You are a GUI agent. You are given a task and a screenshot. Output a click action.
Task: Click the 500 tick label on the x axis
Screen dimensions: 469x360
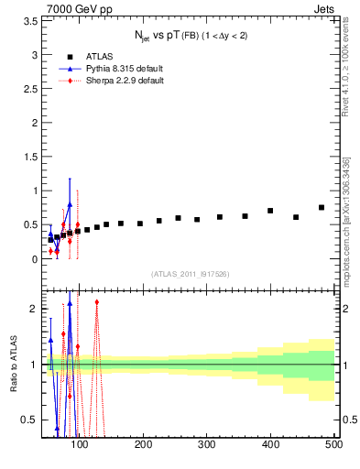point(333,444)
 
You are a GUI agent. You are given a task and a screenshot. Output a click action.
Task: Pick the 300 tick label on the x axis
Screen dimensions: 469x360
point(207,444)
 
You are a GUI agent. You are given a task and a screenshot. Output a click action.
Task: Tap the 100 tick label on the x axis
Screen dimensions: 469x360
point(81,444)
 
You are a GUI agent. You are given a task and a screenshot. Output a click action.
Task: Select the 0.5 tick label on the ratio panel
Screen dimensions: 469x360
point(29,420)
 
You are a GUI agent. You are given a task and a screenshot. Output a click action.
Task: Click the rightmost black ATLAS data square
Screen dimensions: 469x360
point(322,208)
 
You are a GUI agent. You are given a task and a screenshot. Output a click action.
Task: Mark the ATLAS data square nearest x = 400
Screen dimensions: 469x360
point(270,211)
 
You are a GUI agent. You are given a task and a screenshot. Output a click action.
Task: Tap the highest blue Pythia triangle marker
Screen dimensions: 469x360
point(70,204)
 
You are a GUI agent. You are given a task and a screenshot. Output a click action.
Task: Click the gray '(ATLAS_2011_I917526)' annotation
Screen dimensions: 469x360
point(190,274)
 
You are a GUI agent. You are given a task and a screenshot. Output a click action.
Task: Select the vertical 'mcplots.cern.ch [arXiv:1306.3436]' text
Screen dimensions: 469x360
point(347,220)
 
